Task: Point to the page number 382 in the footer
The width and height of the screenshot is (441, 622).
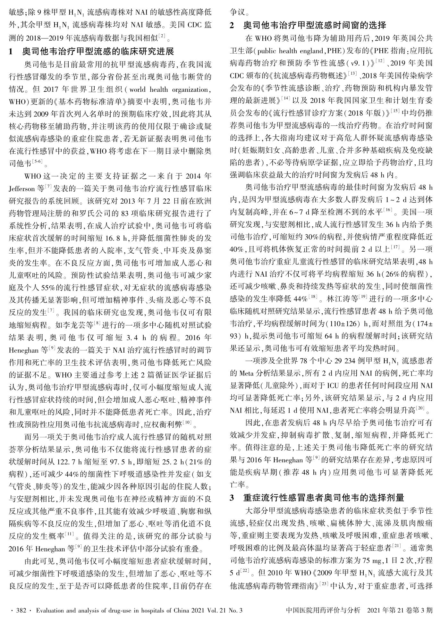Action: coord(21,609)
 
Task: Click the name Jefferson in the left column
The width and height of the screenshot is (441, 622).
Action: coord(22,187)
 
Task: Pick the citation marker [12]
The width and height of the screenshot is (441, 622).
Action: coord(380,60)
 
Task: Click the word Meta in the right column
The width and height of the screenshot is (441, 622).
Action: coord(246,373)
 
